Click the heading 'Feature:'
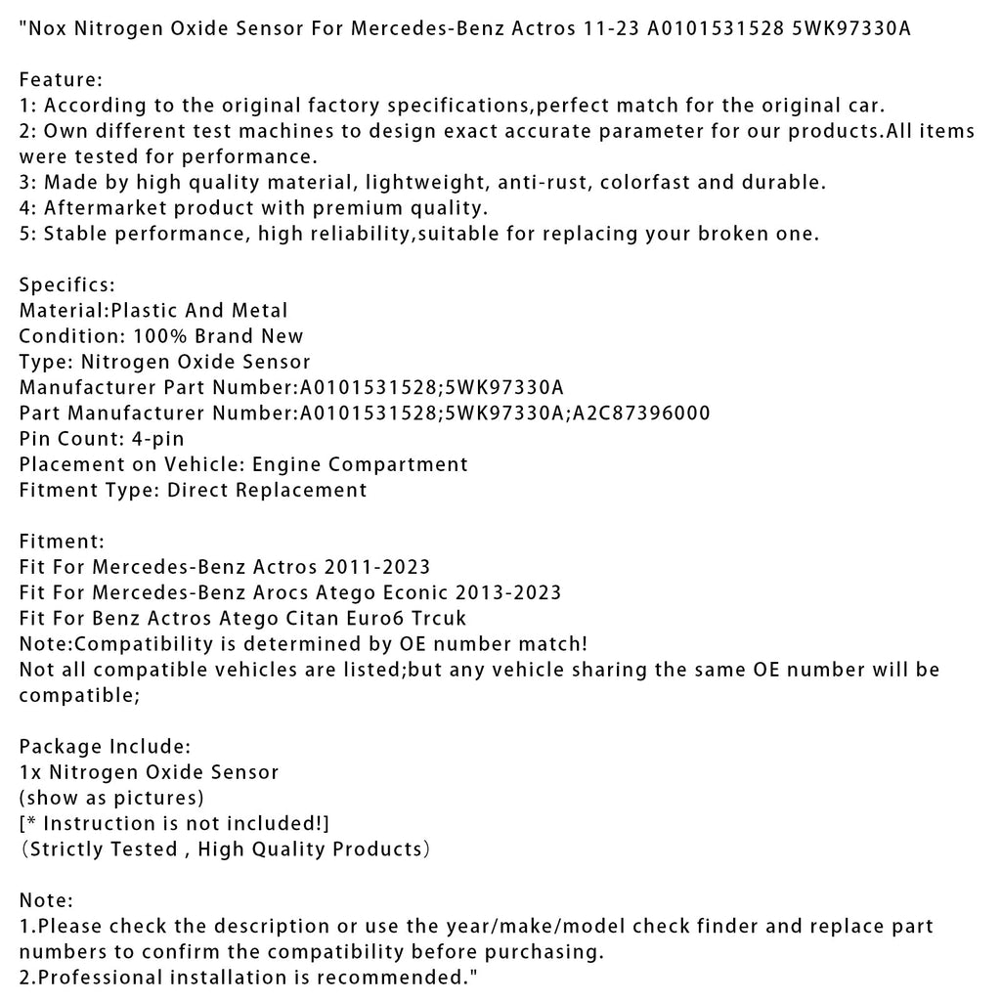tap(61, 79)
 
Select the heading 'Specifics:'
tap(66, 284)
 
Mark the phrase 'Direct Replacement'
tap(267, 490)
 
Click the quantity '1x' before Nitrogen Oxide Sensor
tap(30, 772)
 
